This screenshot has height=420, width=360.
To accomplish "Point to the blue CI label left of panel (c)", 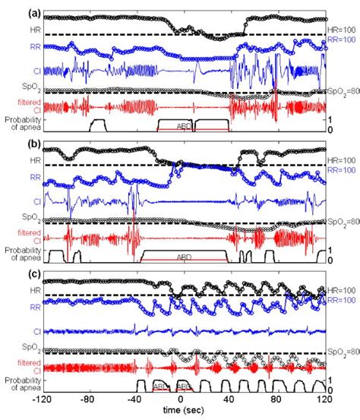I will [36, 332].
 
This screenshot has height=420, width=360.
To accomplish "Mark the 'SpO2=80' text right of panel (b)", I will [342, 222].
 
